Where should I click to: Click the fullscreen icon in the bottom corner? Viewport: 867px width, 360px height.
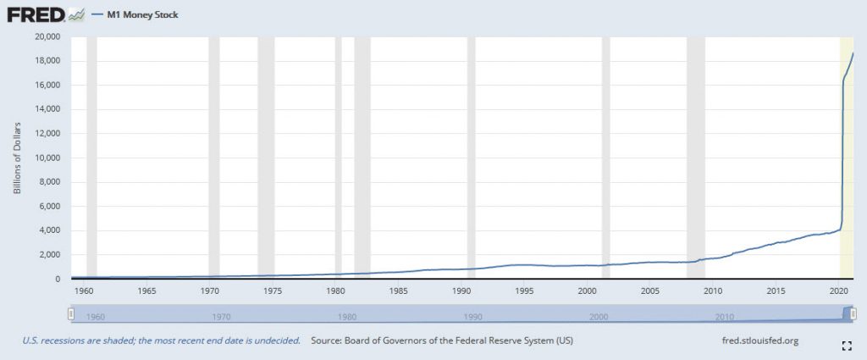846,345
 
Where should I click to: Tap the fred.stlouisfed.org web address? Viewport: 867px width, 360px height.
757,341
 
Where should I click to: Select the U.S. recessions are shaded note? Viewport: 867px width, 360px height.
161,341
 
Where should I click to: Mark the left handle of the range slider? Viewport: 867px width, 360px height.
73,314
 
